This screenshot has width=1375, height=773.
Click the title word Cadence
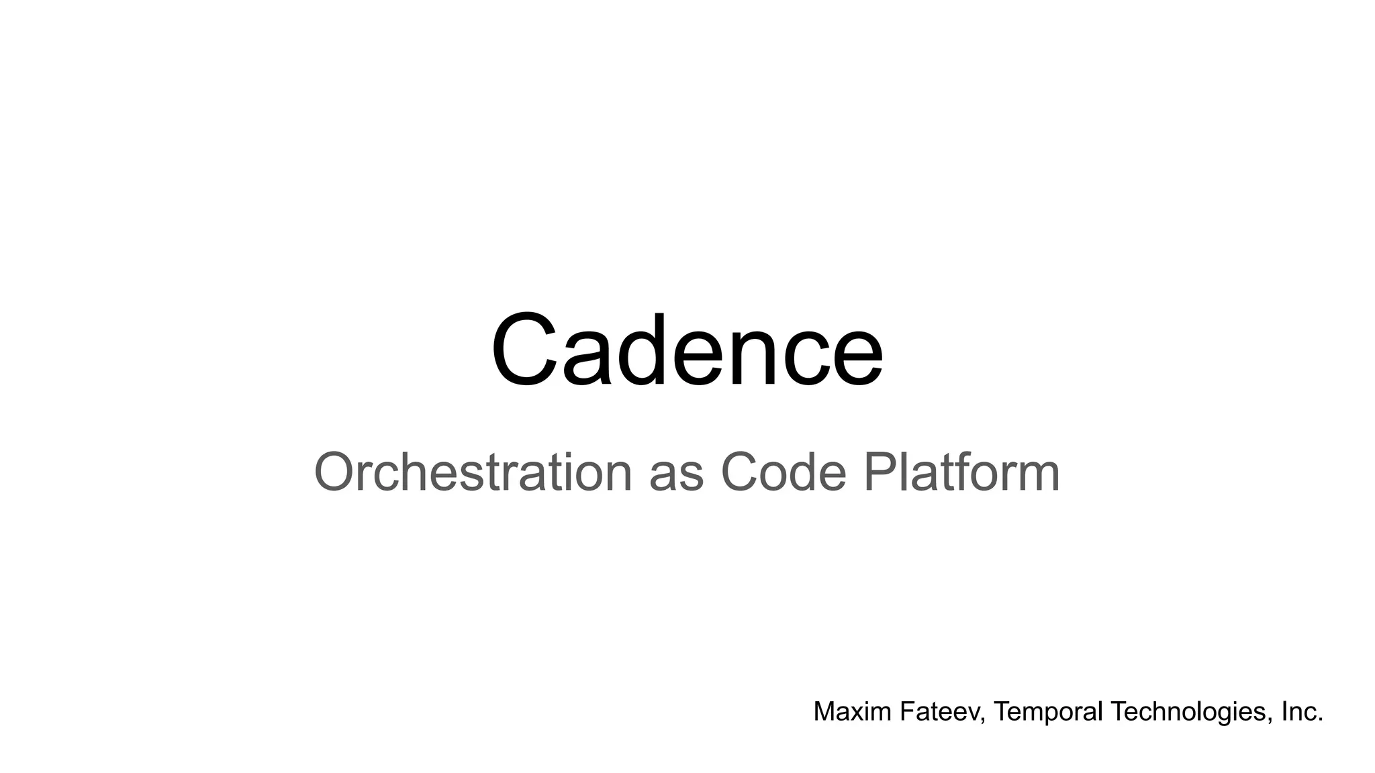687,351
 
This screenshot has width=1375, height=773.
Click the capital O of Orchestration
336,472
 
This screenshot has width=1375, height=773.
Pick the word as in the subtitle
676,476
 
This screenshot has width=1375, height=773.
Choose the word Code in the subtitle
783,472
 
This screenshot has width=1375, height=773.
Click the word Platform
961,472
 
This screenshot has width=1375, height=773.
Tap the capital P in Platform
879,472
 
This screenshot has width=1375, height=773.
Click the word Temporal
1048,712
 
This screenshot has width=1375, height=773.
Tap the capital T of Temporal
1000,711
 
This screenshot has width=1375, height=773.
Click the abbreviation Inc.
1302,712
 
